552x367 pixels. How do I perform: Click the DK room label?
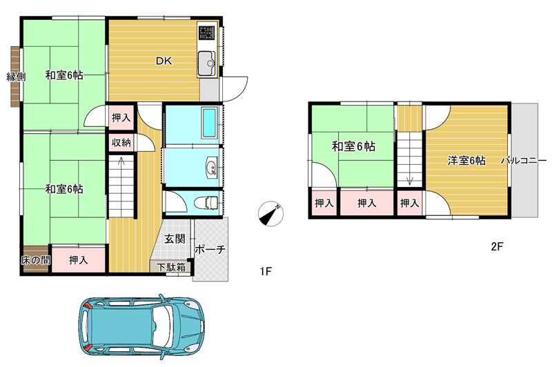pyautogui.click(x=164, y=61)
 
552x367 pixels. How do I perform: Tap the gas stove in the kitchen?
pyautogui.click(x=206, y=32)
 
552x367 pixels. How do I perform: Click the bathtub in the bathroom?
pyautogui.click(x=209, y=123)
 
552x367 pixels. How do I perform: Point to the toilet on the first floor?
pyautogui.click(x=206, y=203)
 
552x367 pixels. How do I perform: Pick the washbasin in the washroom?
pyautogui.click(x=212, y=167)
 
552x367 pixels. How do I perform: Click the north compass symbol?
pyautogui.click(x=270, y=213)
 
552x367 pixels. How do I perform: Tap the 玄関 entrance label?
pyautogui.click(x=175, y=239)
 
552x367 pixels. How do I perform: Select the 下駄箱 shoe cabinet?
pyautogui.click(x=171, y=267)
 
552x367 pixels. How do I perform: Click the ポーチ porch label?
pyautogui.click(x=210, y=250)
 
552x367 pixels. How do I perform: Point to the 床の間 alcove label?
pyautogui.click(x=35, y=260)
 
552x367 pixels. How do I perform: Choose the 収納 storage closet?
pyautogui.click(x=121, y=143)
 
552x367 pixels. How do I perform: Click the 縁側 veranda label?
pyautogui.click(x=16, y=76)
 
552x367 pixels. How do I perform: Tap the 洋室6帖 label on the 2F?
pyautogui.click(x=466, y=161)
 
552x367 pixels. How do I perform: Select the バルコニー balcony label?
pyautogui.click(x=524, y=161)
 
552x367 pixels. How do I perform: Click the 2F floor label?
pyautogui.click(x=497, y=246)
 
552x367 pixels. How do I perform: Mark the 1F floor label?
pyautogui.click(x=266, y=271)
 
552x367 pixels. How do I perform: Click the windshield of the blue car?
pyautogui.click(x=161, y=325)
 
